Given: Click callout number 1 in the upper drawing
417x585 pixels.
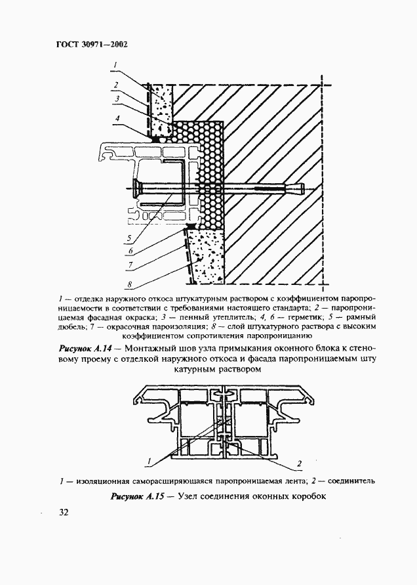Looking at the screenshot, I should pos(114,64).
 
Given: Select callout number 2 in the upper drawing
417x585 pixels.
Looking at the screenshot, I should pos(114,84).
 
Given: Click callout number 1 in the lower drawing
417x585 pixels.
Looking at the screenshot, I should pos(150,459).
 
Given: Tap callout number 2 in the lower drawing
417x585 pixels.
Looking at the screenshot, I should pos(299,464).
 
